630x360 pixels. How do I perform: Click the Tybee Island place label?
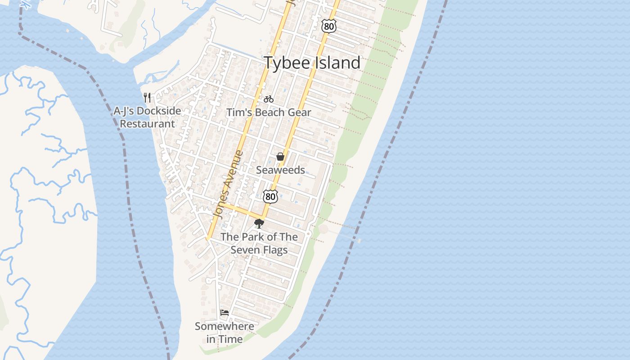pyautogui.click(x=312, y=63)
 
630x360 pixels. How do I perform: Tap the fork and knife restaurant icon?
pyautogui.click(x=147, y=97)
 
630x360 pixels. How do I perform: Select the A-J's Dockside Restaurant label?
pyautogui.click(x=147, y=117)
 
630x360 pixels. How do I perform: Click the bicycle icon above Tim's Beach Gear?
pyautogui.click(x=269, y=99)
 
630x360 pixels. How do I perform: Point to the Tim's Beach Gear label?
pyautogui.click(x=268, y=112)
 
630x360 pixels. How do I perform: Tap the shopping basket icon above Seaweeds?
pyautogui.click(x=280, y=157)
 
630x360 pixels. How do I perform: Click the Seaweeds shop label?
pyautogui.click(x=280, y=170)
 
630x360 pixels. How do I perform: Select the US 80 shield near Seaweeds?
pyautogui.click(x=270, y=196)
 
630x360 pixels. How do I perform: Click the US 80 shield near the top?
pyautogui.click(x=329, y=27)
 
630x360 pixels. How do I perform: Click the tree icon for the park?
pyautogui.click(x=259, y=223)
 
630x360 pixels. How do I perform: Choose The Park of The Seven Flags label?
pyautogui.click(x=259, y=243)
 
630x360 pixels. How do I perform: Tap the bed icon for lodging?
pyautogui.click(x=225, y=313)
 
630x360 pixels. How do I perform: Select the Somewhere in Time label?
pyautogui.click(x=224, y=333)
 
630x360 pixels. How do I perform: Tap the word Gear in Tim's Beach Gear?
pyautogui.click(x=299, y=112)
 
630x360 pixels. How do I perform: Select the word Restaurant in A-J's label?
pyautogui.click(x=147, y=124)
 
